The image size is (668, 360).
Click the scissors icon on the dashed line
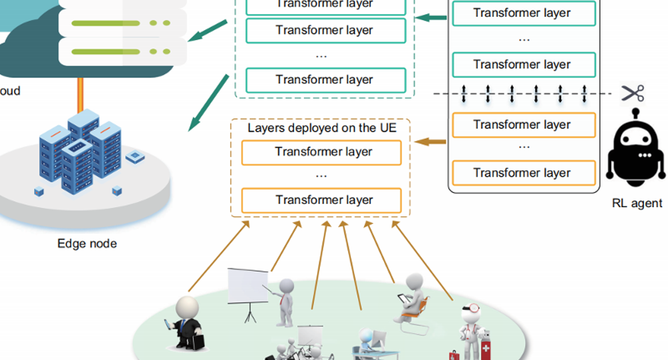tap(632, 94)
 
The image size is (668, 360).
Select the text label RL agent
tap(637, 204)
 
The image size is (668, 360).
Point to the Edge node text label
tap(87, 244)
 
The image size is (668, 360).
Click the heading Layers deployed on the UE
tap(322, 128)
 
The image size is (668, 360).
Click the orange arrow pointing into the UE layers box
tap(431, 142)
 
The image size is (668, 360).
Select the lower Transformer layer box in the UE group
tap(321, 200)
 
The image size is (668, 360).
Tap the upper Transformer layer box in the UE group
tap(321, 152)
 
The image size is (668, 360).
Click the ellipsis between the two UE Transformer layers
tap(321, 176)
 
